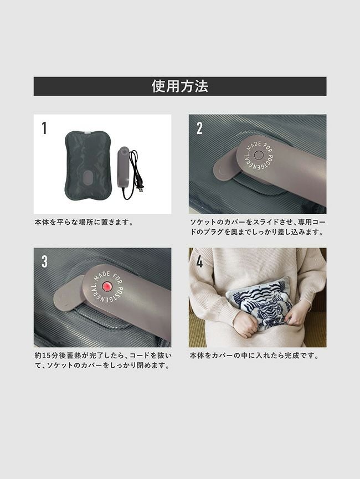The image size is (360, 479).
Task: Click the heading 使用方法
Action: pos(180,86)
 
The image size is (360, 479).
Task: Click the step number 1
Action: pos(44,128)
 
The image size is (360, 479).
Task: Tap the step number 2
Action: pos(199,128)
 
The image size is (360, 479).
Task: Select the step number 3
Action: pos(45,261)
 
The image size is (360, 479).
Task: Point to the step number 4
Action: pos(199,261)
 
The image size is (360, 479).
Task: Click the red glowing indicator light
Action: pos(107,286)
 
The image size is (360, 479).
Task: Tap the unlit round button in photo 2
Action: pos(259,155)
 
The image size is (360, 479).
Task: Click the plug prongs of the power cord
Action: pos(141,189)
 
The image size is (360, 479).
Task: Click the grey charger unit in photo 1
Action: pos(124,167)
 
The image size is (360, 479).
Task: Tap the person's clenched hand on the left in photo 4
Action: pos(245,324)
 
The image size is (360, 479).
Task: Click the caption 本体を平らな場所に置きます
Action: pos(84,223)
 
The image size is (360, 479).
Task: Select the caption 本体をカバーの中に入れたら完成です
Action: pos(254,356)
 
